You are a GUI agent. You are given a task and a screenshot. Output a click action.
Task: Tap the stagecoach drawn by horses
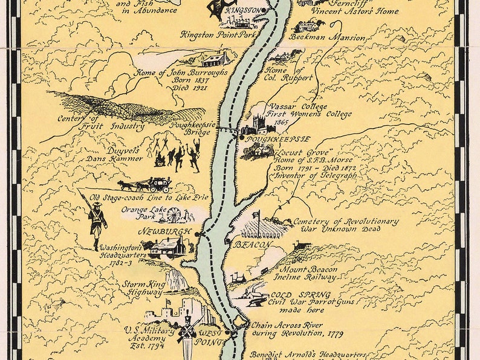pyautogui.click(x=146, y=184)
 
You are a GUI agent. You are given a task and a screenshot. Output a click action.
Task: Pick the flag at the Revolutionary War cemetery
pyautogui.click(x=258, y=214)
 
